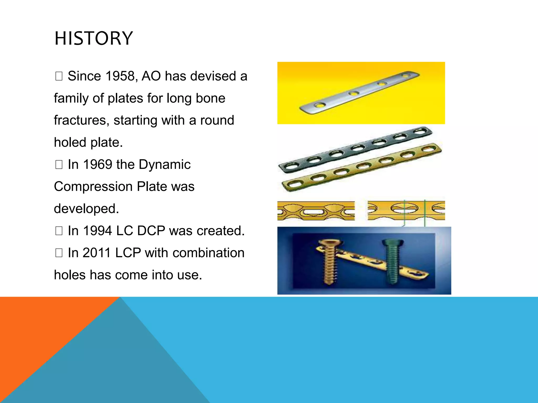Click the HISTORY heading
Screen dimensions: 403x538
(94, 38)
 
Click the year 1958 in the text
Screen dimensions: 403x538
(120, 76)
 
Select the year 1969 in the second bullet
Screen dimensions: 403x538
(97, 165)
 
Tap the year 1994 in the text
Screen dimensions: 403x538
(97, 231)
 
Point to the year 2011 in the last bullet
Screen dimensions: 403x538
(97, 253)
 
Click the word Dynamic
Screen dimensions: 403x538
(164, 165)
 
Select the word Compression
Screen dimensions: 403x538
(93, 187)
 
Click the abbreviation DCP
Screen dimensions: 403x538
(151, 231)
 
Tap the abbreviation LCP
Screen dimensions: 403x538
(128, 253)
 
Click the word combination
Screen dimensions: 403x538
(208, 253)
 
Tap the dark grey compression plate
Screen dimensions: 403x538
(355, 150)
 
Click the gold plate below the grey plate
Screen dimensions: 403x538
(363, 168)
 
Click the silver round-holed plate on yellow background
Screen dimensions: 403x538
(360, 92)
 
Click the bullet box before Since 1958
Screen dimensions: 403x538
(59, 76)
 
